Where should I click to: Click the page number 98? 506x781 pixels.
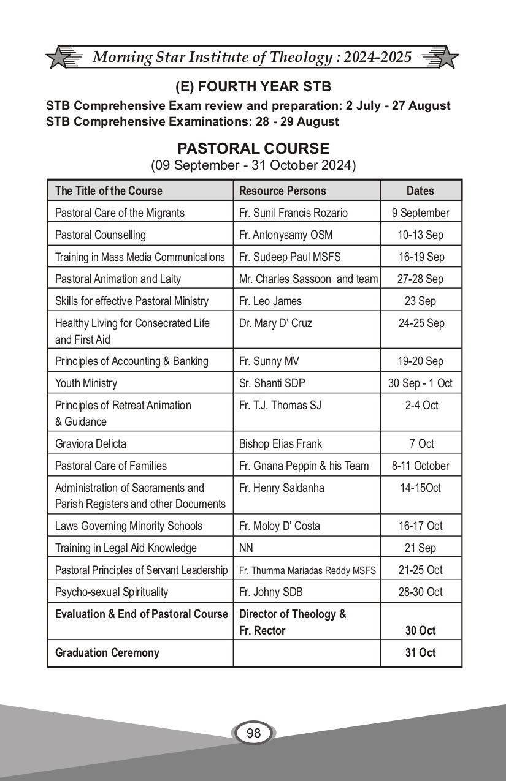pos(253,733)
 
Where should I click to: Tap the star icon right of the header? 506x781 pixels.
pos(445,57)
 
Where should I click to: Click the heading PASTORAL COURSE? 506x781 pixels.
pos(253,149)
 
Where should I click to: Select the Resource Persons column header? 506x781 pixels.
pos(282,191)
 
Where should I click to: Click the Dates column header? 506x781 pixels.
pos(420,191)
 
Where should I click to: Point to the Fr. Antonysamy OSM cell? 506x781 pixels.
pos(280,235)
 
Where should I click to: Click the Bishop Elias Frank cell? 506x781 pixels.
pos(280,443)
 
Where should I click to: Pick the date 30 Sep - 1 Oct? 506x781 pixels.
pos(420,383)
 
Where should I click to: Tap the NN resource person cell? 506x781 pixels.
pos(246,548)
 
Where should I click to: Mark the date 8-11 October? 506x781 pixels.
pos(420,466)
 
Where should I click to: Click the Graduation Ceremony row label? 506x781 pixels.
pos(107,652)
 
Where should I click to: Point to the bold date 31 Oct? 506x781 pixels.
pos(420,652)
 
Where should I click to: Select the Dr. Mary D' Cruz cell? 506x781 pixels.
pos(275,323)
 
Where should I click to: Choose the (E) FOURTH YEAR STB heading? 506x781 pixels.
pos(253,87)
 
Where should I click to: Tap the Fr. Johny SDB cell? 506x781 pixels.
pos(270,592)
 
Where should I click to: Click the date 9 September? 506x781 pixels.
pos(420,213)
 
